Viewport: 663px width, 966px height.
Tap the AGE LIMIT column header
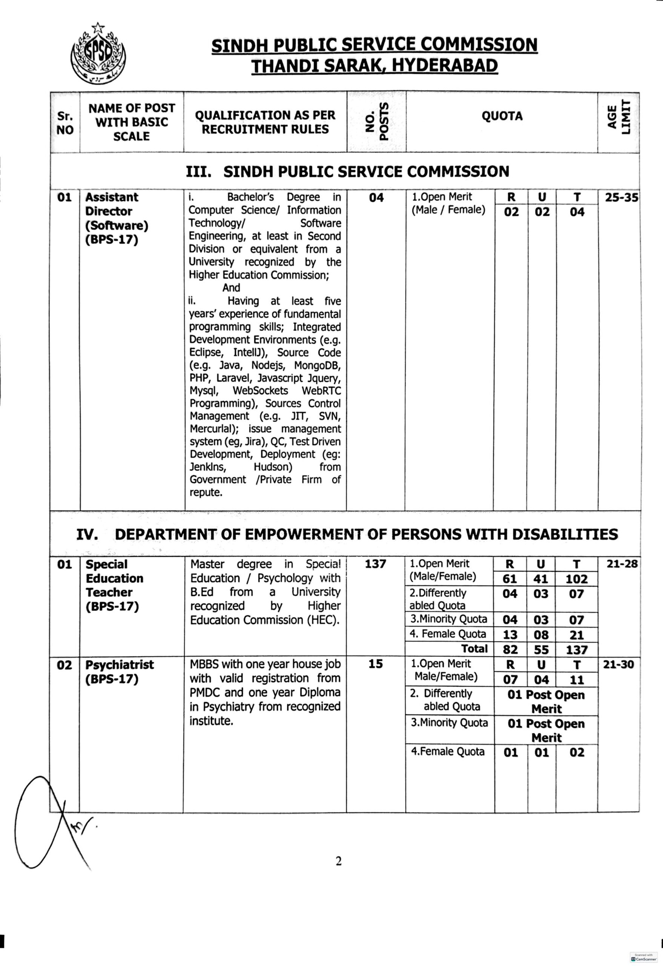pos(618,122)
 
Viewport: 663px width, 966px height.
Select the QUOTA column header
pos(502,116)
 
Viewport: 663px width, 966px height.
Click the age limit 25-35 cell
pos(621,198)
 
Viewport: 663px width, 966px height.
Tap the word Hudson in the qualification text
pos(273,467)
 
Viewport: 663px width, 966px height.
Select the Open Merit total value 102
pos(576,579)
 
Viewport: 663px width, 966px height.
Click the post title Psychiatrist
pos(119,665)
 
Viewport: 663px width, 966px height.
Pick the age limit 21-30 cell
pos(618,665)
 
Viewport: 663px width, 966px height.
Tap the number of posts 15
pos(375,664)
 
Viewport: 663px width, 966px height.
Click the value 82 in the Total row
pos(510,650)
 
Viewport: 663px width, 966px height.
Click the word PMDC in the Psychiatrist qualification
pos(206,692)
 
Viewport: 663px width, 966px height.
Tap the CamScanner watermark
pos(643,957)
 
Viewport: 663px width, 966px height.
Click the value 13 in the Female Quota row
pos(510,635)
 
